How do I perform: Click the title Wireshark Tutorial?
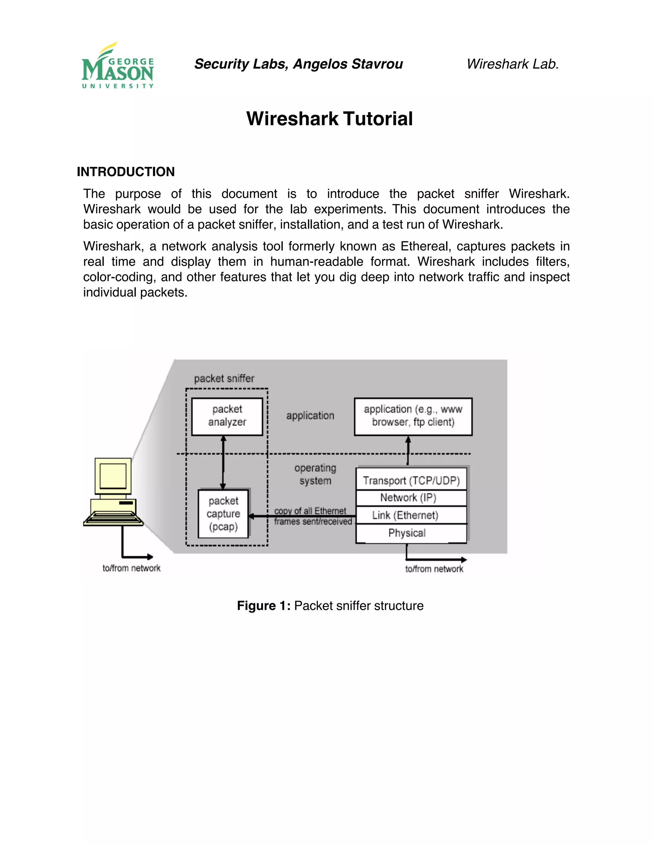(x=329, y=119)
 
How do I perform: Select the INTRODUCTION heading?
(x=126, y=172)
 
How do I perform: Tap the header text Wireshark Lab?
(x=513, y=64)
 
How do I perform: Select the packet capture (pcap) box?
(x=223, y=514)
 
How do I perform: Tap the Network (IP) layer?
(x=408, y=497)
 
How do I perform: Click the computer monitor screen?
(x=113, y=476)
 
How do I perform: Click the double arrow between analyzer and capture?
(x=223, y=462)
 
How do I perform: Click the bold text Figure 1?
(x=263, y=606)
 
